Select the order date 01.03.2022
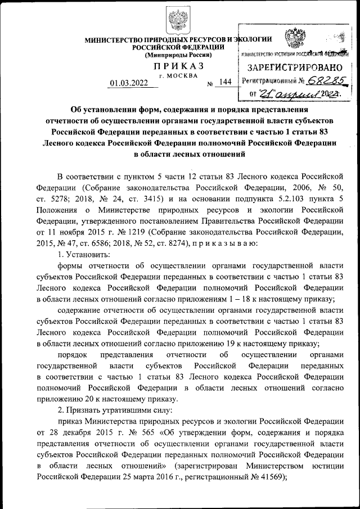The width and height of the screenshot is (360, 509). (129, 83)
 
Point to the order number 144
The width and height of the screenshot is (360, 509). (226, 82)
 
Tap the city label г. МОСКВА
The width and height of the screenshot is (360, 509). (178, 75)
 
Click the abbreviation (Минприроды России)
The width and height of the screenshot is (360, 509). (178, 55)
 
